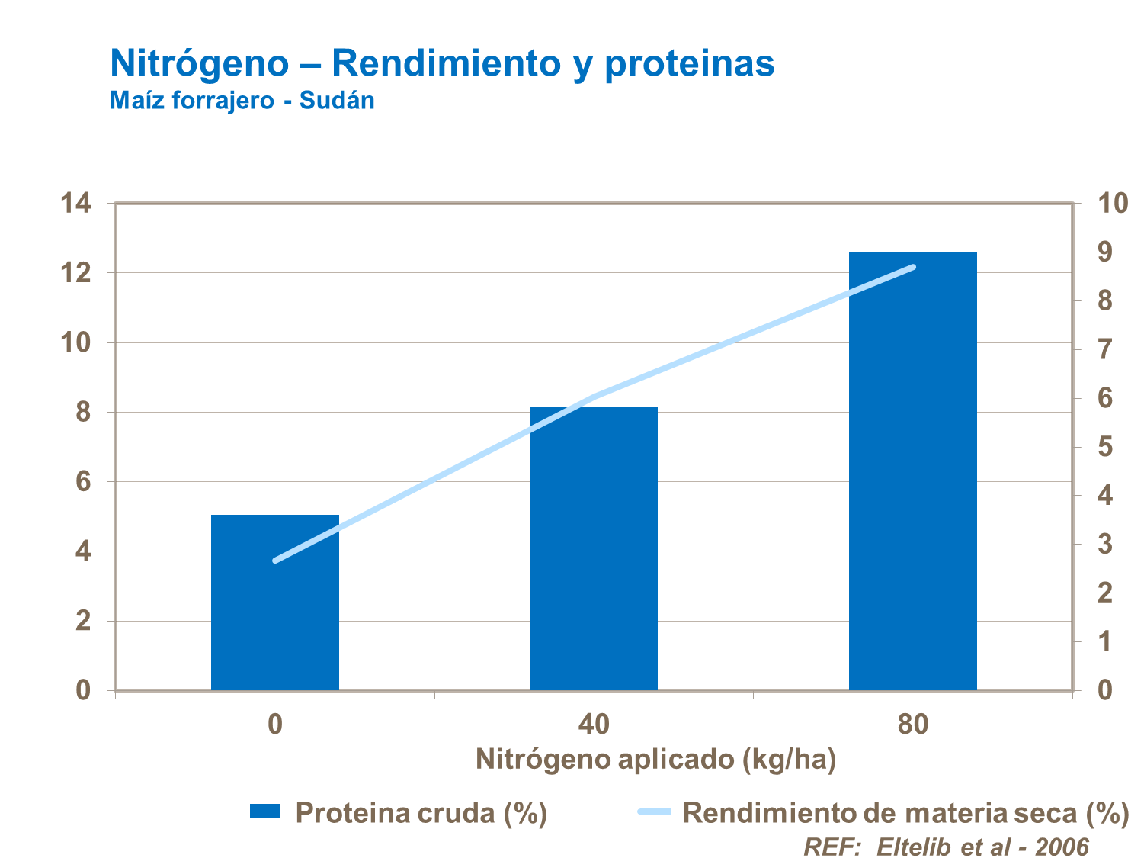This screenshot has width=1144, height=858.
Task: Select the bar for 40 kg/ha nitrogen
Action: click(x=594, y=549)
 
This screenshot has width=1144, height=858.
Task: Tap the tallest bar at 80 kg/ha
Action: click(x=912, y=473)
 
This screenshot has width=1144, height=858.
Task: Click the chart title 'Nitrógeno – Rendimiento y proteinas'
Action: click(x=442, y=63)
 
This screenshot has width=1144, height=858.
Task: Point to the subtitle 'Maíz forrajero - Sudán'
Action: click(x=242, y=101)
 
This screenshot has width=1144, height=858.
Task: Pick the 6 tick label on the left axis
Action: click(x=83, y=482)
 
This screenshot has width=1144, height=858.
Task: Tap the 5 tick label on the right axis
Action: click(x=1104, y=447)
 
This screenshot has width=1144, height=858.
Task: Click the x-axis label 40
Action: click(x=594, y=724)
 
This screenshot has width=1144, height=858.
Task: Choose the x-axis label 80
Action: click(x=912, y=724)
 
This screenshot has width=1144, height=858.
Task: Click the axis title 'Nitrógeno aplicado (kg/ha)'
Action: click(x=655, y=760)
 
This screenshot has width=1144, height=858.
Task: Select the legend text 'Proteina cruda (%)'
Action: click(x=421, y=813)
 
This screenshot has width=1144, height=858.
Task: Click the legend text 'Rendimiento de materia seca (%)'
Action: click(x=905, y=813)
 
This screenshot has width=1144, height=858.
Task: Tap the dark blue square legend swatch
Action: click(x=265, y=811)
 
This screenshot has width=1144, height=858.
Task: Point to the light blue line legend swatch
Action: click(x=654, y=811)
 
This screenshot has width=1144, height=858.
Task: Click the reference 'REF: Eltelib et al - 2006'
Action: click(x=946, y=847)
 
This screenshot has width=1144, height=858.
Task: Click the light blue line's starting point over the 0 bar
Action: click(x=275, y=561)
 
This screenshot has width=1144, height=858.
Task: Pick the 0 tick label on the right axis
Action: click(x=1104, y=690)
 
